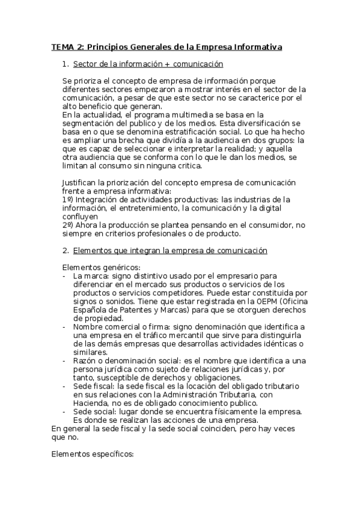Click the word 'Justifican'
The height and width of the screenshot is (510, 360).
click(x=81, y=183)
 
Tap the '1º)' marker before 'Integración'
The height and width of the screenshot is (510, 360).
click(x=68, y=198)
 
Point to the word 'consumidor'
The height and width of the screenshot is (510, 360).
click(x=255, y=224)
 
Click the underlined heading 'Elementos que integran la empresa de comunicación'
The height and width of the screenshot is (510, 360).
click(x=169, y=250)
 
